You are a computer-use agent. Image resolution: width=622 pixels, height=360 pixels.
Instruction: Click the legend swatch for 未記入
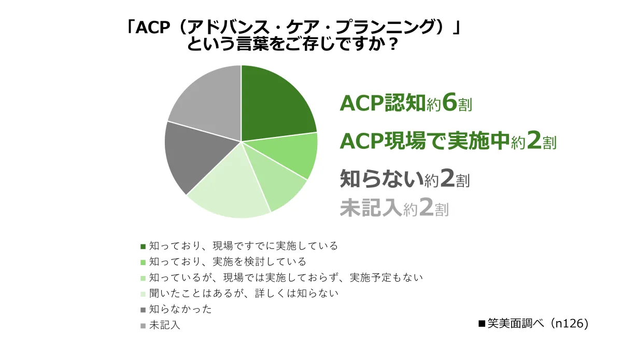143,326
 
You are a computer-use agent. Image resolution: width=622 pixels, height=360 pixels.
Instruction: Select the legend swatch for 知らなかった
143,310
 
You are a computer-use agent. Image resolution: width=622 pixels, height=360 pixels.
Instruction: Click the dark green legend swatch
143,246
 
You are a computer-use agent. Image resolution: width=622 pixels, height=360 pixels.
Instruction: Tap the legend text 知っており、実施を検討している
228,261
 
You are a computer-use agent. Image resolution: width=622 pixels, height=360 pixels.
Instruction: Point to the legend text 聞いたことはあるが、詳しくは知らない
244,293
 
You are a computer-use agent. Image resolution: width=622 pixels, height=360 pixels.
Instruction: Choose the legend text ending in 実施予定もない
286,278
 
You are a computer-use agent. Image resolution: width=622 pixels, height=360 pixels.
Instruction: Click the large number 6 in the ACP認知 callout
449,103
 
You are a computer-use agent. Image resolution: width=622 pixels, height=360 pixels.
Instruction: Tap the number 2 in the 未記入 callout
427,207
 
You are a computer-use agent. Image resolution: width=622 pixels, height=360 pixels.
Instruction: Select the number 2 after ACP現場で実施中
534,141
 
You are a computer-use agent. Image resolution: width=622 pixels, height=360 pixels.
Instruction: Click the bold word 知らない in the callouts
382,179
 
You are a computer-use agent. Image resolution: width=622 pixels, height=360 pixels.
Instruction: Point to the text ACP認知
383,103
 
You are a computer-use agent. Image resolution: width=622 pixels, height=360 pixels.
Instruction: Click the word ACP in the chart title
152,28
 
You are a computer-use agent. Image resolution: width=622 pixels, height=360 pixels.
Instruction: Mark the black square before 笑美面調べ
482,324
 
